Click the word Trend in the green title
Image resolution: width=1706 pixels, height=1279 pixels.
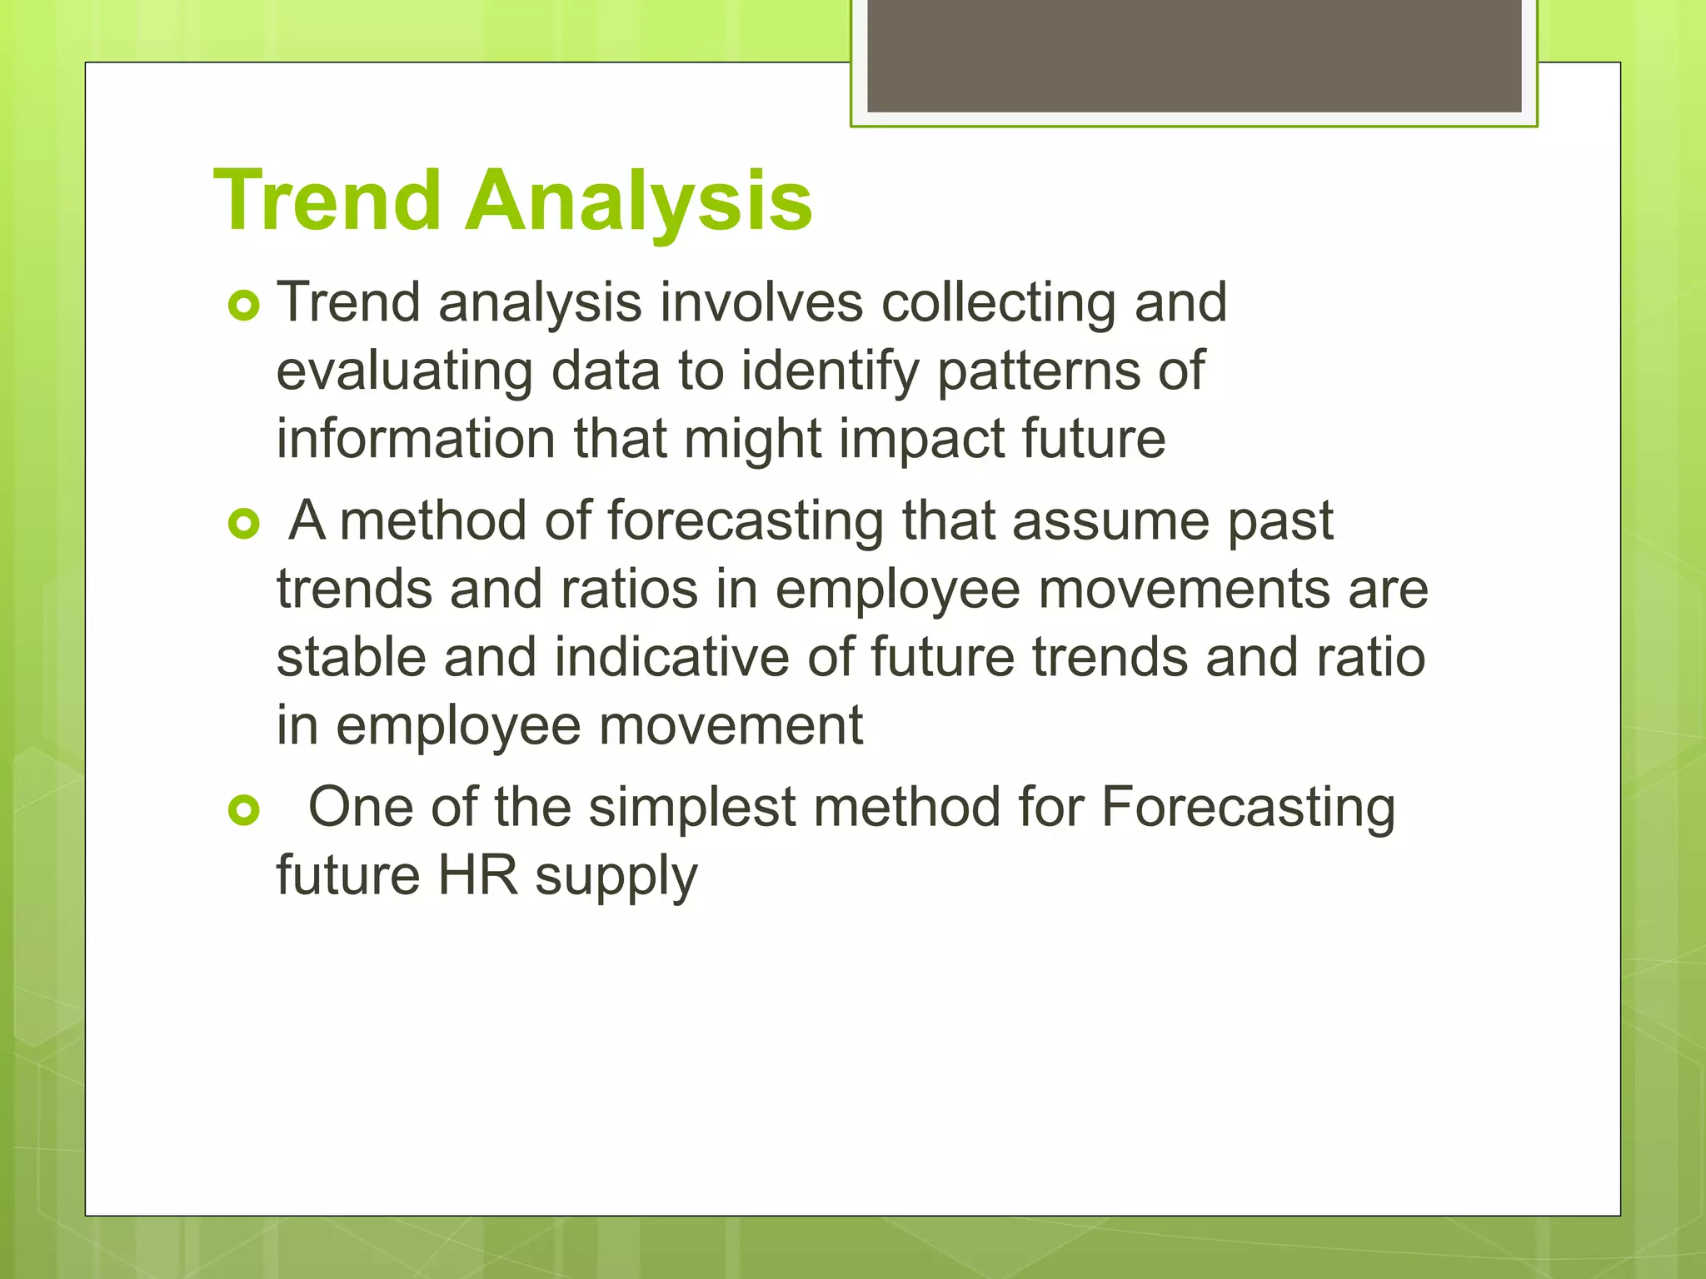coord(327,201)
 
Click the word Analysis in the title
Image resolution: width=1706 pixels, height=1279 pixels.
coord(638,201)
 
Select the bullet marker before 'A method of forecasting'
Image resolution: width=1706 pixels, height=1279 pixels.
coord(244,525)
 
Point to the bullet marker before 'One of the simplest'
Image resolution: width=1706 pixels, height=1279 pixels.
coord(244,809)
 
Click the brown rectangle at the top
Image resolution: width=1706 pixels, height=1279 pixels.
coord(1194,55)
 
